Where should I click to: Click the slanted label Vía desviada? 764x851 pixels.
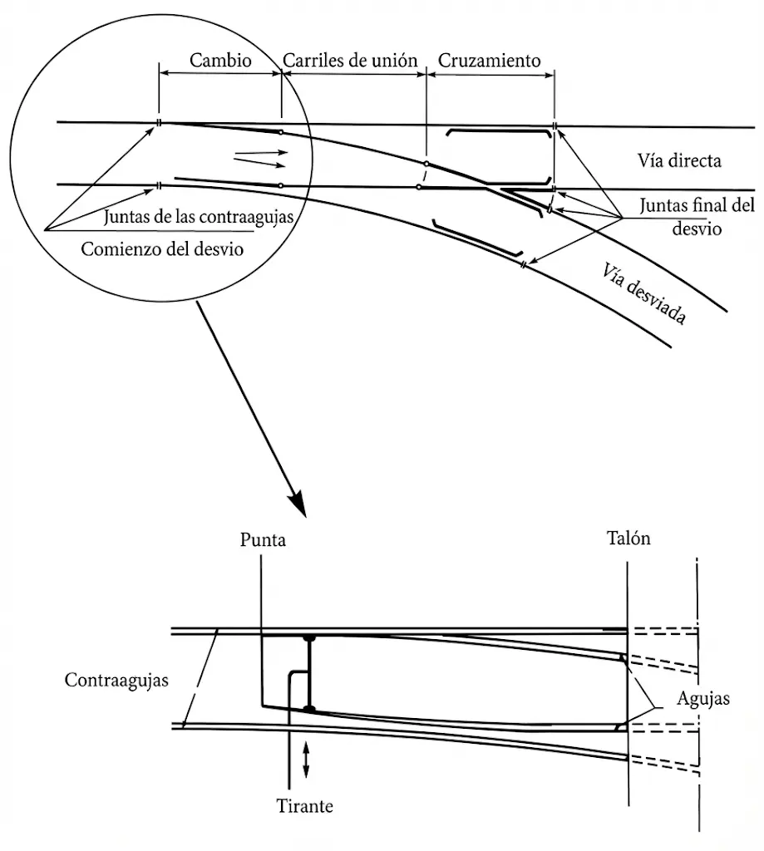coord(645,292)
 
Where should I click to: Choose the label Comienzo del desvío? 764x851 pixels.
coord(162,248)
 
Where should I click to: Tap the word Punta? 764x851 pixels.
coord(263,540)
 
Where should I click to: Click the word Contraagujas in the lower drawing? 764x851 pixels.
coord(116,680)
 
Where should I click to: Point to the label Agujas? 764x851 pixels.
coord(702,698)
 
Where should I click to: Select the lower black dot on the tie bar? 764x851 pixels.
coord(309,709)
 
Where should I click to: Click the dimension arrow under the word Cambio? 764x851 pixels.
coord(220,74)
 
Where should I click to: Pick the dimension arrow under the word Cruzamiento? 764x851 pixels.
coord(490,74)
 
